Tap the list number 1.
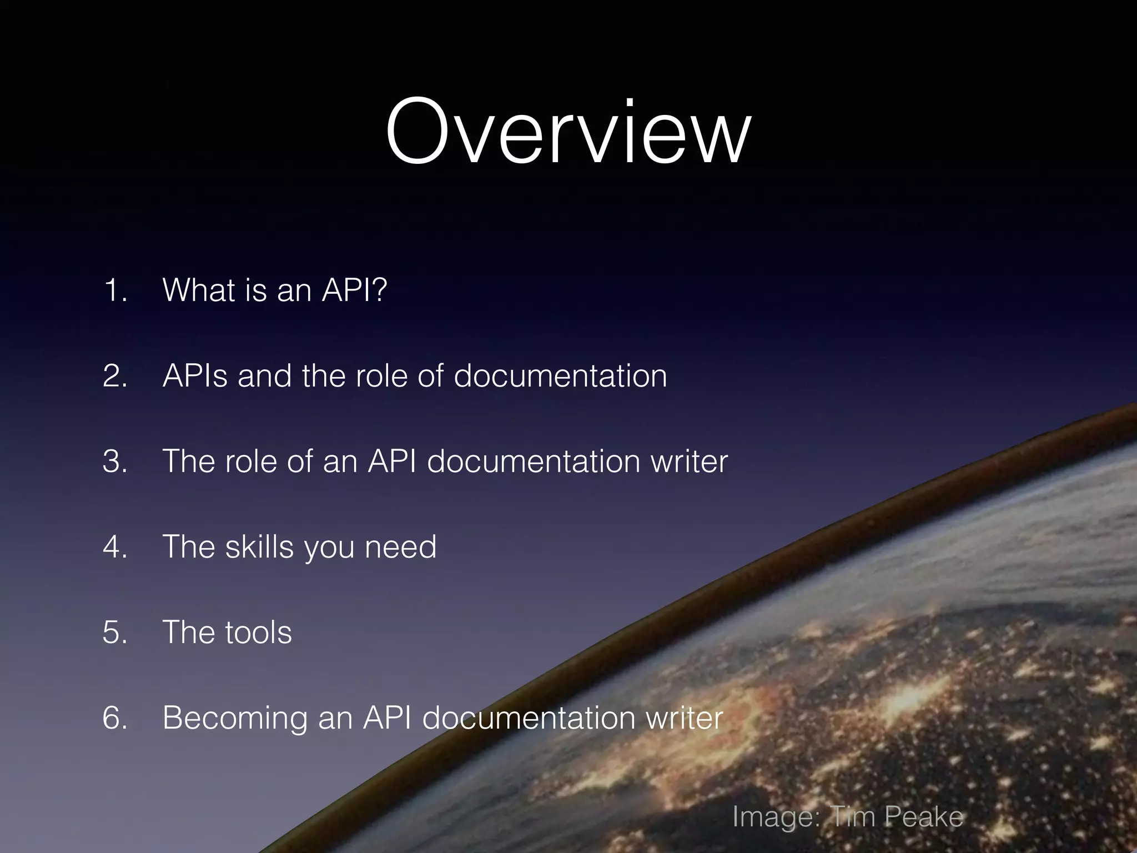coord(114,290)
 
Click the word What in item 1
coord(198,290)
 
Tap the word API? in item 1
coord(354,290)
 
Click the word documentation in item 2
coord(560,375)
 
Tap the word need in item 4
coord(400,546)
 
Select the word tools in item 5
coord(258,632)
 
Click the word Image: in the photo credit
coord(776,817)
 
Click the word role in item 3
coord(250,461)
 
